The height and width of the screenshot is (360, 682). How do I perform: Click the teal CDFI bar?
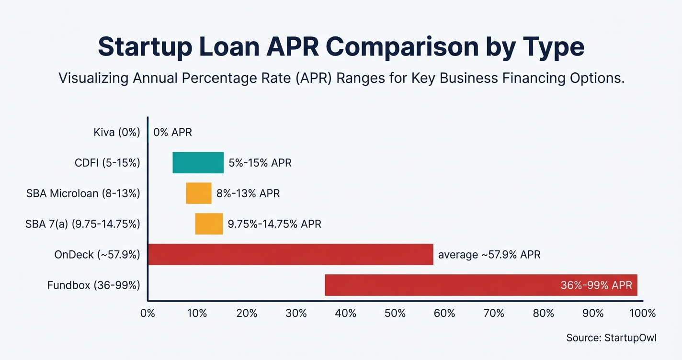tap(198, 163)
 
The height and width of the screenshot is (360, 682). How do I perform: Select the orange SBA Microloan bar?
tap(198, 193)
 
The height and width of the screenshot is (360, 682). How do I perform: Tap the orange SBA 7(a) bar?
tap(209, 224)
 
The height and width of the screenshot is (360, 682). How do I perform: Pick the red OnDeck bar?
tap(290, 254)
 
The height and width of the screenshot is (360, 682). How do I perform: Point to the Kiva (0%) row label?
tap(117, 132)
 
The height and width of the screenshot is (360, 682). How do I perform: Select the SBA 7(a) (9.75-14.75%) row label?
tap(83, 224)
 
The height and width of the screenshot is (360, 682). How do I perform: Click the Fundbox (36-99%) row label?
tap(94, 285)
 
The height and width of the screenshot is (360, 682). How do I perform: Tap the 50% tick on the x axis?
tap(395, 314)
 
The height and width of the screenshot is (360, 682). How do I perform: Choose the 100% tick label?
tap(642, 314)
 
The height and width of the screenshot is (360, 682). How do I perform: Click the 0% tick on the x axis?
tap(148, 314)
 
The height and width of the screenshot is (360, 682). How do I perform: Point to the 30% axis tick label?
tap(296, 314)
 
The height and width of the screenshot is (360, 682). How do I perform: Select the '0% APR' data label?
tap(172, 132)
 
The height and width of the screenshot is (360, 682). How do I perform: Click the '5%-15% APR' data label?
tap(260, 163)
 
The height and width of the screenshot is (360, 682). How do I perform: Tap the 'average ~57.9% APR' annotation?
tap(489, 255)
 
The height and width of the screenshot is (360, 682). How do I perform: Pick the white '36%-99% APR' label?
tap(596, 285)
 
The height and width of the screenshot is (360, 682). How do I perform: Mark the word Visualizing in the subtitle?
tap(93, 79)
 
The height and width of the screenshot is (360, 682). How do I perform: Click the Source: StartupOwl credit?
tap(611, 337)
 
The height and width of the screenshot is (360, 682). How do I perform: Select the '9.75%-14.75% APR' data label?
tap(274, 224)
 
